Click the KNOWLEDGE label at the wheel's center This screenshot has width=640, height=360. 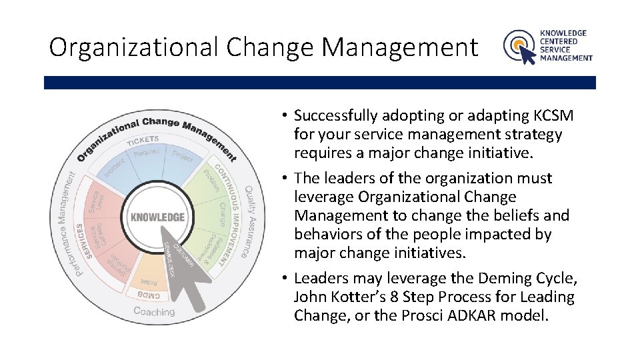pyautogui.click(x=157, y=217)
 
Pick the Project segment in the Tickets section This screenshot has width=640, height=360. pyautogui.click(x=181, y=155)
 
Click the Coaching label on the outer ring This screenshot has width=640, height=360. pyautogui.click(x=154, y=311)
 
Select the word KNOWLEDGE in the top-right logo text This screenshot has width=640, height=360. pyautogui.click(x=563, y=33)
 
